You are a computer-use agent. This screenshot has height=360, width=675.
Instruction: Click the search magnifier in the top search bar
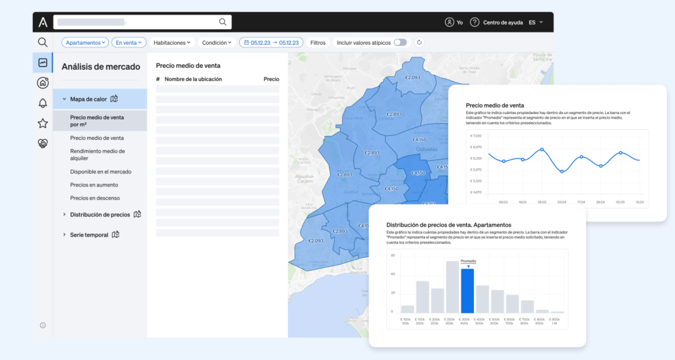(223, 22)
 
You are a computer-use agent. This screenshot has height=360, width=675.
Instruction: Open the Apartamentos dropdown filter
(85, 42)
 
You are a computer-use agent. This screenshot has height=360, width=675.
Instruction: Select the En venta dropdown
(129, 42)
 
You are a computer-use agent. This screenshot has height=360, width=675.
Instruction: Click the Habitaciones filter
(171, 42)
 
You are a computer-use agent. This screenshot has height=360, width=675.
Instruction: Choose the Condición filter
(218, 42)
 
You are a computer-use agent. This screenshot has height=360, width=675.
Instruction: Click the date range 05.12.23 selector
(271, 42)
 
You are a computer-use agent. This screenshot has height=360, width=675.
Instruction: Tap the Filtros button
(318, 42)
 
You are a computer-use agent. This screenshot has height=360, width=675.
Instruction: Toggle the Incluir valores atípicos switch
(400, 42)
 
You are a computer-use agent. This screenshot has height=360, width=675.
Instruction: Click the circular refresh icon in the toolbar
(419, 42)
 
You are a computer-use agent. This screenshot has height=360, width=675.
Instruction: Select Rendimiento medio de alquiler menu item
(98, 155)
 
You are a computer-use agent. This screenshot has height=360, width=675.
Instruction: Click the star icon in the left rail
(43, 123)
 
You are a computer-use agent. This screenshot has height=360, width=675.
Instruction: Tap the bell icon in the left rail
(43, 103)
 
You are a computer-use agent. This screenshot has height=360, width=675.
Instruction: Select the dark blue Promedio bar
(467, 291)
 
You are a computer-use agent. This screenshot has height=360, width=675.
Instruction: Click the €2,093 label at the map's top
(412, 77)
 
